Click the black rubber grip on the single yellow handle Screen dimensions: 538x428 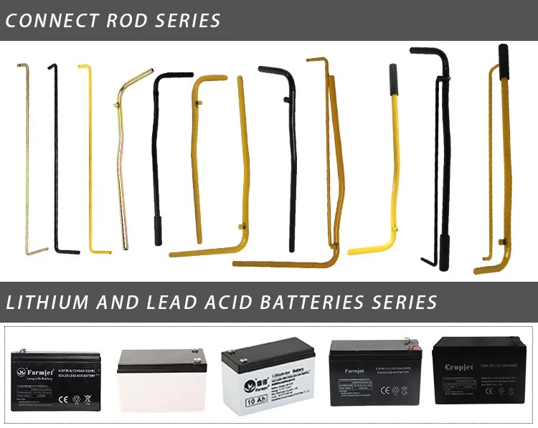[392, 75]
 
